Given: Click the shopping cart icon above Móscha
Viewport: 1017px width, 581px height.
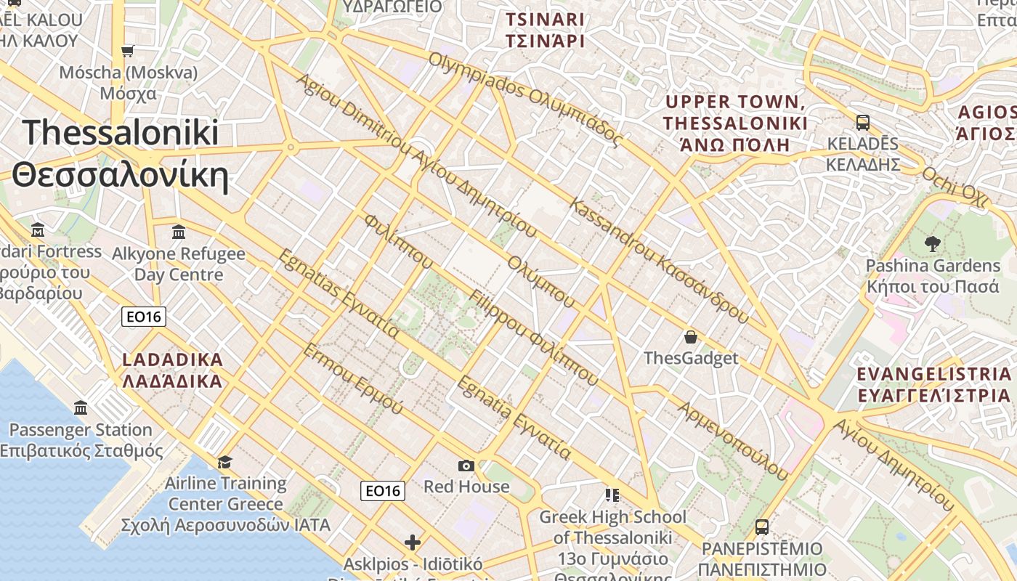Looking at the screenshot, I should (128, 51).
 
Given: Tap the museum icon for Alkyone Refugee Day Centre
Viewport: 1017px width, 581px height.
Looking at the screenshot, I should (179, 232).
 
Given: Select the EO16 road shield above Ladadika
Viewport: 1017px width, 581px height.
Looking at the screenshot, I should (144, 317).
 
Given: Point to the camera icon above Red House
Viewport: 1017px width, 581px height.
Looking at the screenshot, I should (466, 466).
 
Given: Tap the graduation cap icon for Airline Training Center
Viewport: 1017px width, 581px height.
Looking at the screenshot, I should (225, 463).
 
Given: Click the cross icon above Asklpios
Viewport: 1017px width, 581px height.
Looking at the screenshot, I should (413, 543).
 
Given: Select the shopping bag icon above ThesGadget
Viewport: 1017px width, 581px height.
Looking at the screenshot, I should (691, 337).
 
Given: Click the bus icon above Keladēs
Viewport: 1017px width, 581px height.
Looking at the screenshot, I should (863, 122).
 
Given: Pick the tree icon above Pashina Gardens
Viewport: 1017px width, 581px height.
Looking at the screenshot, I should (933, 244).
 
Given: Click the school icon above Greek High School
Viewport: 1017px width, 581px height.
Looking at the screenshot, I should (612, 495).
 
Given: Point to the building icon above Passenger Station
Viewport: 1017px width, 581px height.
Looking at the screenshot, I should (81, 407).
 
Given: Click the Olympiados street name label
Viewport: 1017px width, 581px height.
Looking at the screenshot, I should (524, 98).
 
